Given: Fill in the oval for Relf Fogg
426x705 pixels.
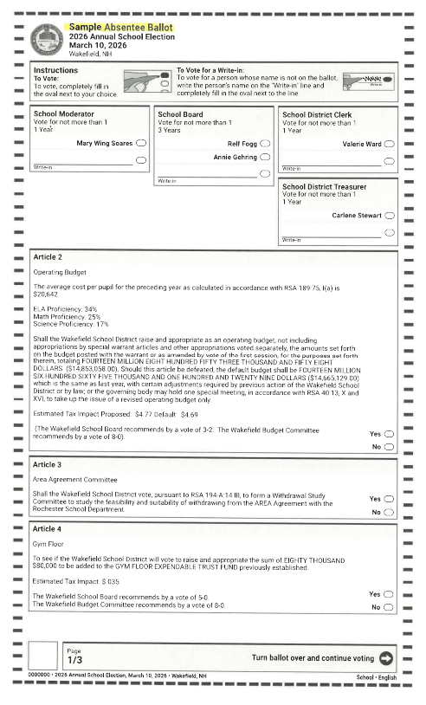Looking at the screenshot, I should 265,143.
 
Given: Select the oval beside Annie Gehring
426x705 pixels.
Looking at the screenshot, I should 265,158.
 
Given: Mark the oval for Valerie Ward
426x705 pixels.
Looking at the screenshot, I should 389,144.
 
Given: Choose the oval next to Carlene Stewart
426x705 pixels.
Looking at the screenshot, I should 389,216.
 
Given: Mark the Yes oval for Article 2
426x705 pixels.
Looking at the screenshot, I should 389,433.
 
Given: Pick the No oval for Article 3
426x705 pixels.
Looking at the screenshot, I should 389,513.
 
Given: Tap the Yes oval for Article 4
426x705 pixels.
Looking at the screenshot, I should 389,594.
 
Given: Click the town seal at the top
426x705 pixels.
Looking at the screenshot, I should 44,40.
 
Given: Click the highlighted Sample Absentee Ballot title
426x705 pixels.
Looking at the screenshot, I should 120,28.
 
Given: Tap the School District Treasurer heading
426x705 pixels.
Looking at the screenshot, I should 324,186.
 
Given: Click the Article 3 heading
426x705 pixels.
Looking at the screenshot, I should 48,465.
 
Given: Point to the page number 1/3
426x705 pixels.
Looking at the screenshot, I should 74,660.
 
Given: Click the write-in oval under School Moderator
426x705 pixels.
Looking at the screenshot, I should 141,159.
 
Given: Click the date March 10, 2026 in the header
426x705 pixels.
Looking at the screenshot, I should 99,45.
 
